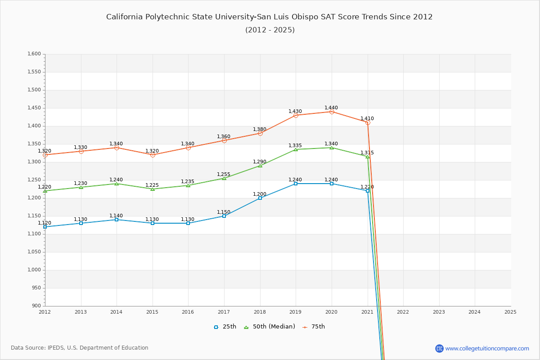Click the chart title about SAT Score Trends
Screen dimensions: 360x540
click(269, 17)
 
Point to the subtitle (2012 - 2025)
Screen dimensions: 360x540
click(270, 30)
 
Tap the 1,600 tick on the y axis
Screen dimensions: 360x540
click(34, 54)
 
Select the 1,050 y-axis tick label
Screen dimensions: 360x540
click(34, 252)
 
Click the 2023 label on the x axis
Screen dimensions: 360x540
click(439, 312)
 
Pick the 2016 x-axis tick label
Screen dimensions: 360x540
click(188, 312)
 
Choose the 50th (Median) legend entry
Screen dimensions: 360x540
click(270, 327)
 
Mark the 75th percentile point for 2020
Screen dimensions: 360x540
click(332, 112)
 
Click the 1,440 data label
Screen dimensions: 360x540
click(331, 108)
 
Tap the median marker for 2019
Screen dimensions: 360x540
click(296, 149)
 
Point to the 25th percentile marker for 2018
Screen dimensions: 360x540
click(260, 198)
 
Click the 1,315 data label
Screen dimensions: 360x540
click(367, 153)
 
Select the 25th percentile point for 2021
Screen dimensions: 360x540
click(368, 191)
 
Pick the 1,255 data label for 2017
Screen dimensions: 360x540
click(224, 175)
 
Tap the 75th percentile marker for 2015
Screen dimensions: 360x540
click(153, 155)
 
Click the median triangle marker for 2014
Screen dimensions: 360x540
click(117, 184)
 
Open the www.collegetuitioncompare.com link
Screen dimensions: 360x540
click(487, 348)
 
